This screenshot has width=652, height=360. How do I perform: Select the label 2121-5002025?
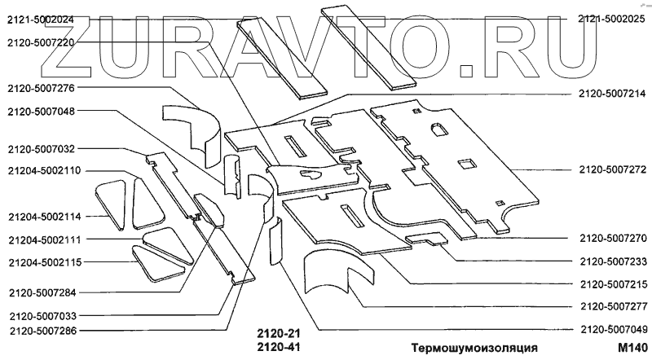pos(612,19)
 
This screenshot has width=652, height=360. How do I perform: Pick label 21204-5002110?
pos(44,172)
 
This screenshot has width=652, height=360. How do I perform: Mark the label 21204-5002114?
pos(44,217)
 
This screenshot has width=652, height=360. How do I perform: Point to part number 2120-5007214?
pos(612,94)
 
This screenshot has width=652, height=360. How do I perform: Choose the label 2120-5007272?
pos(612,170)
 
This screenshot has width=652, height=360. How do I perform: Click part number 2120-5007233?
pos(612,261)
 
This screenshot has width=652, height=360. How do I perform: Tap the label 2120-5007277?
pos(612,307)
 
